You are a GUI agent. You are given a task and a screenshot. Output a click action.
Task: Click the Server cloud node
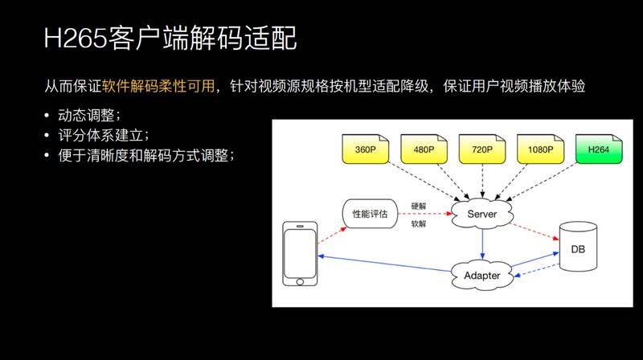coord(482,214)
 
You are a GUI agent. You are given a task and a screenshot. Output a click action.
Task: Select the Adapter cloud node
coord(482,275)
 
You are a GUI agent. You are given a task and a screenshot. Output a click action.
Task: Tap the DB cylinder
coord(578,249)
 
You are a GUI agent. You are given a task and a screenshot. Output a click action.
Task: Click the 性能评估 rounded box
coord(370,214)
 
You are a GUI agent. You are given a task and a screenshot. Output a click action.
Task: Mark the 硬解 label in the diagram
coord(418,207)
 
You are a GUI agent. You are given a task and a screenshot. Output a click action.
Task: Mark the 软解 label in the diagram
coord(418,224)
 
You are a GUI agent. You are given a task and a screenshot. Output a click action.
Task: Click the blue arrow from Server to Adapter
coord(482,243)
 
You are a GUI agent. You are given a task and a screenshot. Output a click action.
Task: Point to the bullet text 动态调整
coord(88,116)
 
